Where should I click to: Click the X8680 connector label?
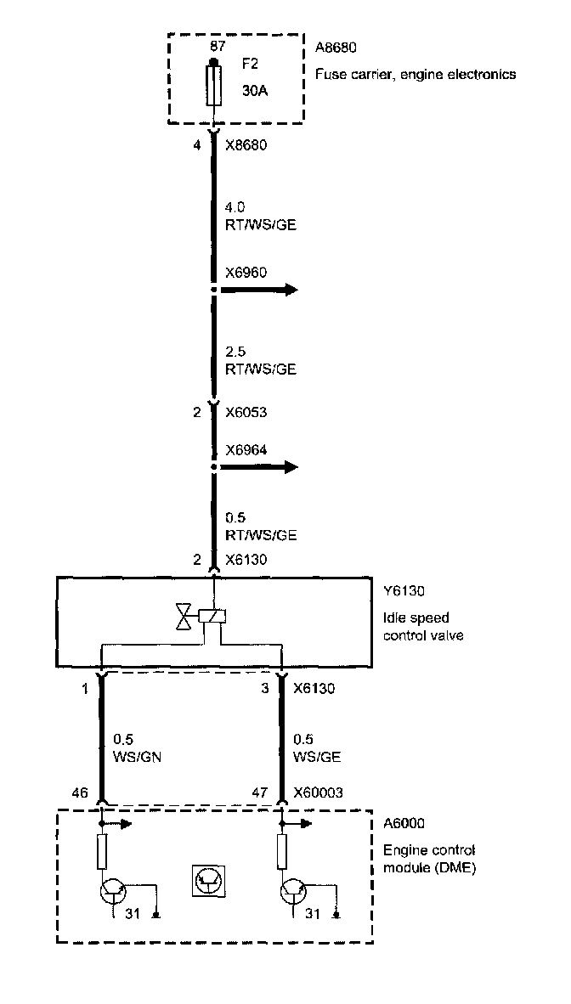click(x=246, y=145)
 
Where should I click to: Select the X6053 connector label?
click(x=246, y=413)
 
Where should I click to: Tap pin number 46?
click(x=79, y=792)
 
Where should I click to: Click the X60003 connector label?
click(x=319, y=792)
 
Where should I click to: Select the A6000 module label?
click(x=404, y=823)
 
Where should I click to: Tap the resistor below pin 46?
click(x=102, y=851)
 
